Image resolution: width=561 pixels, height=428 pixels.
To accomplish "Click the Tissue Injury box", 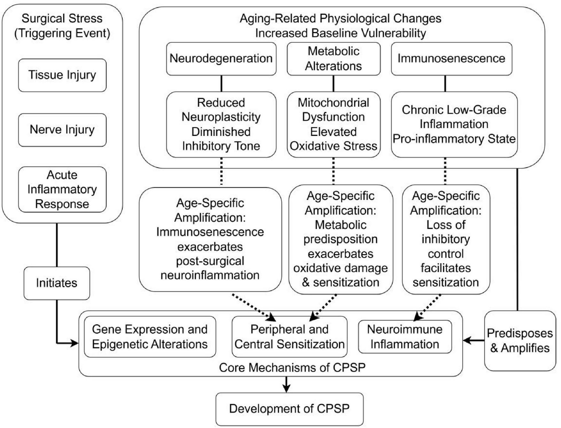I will coord(62,75).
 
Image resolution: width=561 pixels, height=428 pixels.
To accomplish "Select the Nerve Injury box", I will coord(62,130).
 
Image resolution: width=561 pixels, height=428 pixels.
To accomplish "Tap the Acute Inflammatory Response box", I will coord(62,189).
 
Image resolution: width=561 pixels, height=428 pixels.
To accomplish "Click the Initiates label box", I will coord(57,283).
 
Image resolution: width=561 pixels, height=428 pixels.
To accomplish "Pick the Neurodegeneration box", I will coord(221,59).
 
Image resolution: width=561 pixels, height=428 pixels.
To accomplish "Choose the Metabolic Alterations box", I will coord(333,59).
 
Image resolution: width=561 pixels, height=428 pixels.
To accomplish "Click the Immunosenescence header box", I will coord(451,59).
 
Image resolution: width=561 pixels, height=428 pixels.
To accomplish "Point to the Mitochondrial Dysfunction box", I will coord(333,124).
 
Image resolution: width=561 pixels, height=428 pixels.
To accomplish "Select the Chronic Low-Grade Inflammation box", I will coord(454,124).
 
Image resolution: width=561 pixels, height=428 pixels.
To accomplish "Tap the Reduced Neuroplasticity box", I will coord(221,124).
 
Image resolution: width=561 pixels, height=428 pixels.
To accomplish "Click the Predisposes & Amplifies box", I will coord(520,341).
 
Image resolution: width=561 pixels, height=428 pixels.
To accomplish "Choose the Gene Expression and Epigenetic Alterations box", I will coord(150,337).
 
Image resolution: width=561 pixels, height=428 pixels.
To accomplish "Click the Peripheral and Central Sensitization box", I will coord(289,337).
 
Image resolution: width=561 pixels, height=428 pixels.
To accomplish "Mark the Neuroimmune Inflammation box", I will coord(405,337).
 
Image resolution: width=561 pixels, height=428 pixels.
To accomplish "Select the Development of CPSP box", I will coord(289,409).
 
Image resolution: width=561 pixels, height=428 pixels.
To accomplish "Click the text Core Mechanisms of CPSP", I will coord(292,368).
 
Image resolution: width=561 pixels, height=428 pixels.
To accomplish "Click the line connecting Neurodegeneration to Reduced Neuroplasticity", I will coord(221,84).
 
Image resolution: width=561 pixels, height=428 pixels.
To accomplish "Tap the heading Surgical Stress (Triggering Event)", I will coord(62,26).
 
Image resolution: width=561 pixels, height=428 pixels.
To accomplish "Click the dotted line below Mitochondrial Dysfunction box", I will coord(333,171).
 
